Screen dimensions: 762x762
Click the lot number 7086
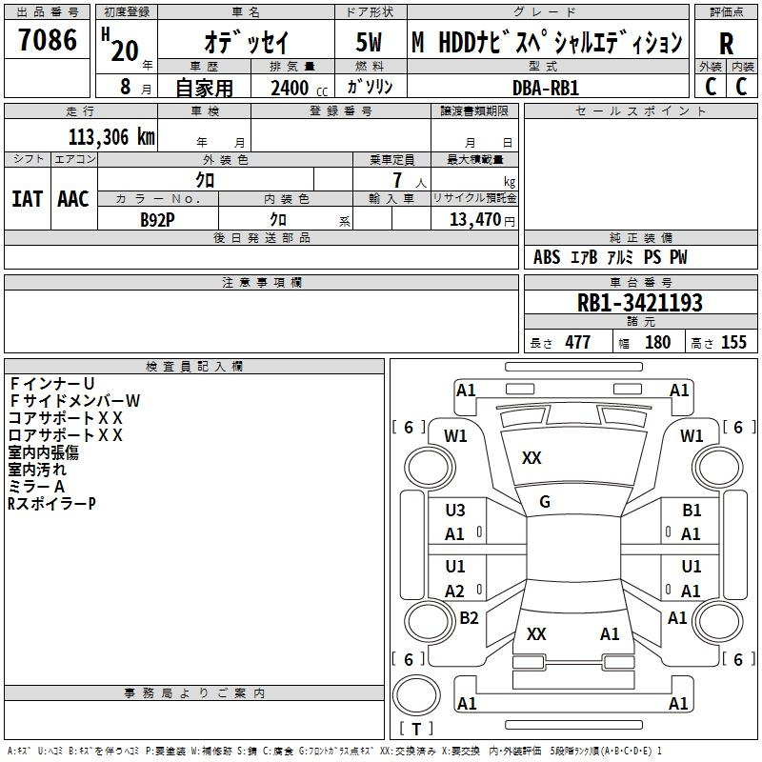point(48,40)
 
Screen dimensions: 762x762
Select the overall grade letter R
point(726,44)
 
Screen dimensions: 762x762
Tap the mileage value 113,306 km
point(111,136)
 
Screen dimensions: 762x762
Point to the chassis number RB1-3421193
point(639,303)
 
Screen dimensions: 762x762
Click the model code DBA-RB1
point(546,88)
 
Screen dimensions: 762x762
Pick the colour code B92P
point(157,220)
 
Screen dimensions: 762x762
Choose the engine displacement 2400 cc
point(299,88)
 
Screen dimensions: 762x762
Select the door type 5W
point(369,42)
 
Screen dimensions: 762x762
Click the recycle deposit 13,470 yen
point(482,220)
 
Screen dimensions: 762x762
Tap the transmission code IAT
point(28,199)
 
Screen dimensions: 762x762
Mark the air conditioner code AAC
point(73,199)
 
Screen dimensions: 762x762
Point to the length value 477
point(578,342)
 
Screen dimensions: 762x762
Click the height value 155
point(733,342)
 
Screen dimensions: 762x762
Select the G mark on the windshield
point(545,502)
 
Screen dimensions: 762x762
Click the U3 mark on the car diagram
point(455,511)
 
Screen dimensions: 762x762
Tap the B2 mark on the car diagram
point(469,617)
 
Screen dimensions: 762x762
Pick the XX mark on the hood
point(531,458)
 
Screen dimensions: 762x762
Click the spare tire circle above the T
point(416,695)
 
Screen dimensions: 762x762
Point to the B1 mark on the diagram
point(692,511)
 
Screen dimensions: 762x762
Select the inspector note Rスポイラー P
point(51,504)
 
